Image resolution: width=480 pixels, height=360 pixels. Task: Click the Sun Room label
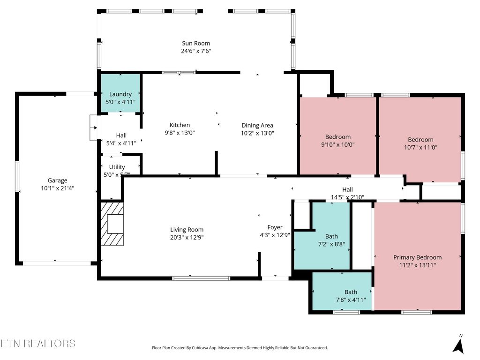(x=196, y=44)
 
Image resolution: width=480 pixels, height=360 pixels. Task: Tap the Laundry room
(x=120, y=97)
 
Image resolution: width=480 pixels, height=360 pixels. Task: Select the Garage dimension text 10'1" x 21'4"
(x=58, y=188)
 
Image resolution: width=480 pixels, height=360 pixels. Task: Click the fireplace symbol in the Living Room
(x=112, y=224)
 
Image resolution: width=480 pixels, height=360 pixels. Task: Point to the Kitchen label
(x=180, y=125)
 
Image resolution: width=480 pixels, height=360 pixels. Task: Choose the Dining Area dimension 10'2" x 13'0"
(x=257, y=133)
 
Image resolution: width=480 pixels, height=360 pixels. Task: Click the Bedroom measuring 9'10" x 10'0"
(x=337, y=141)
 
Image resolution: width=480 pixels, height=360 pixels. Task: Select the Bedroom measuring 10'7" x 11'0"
(x=420, y=143)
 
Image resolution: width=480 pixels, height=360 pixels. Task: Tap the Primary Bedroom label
(x=417, y=257)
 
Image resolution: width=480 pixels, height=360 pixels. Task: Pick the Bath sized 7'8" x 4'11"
(x=351, y=296)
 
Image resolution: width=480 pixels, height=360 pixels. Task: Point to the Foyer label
(x=275, y=227)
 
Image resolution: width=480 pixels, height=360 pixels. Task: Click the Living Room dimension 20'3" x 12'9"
(x=187, y=238)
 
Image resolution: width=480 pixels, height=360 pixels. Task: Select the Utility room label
(x=117, y=167)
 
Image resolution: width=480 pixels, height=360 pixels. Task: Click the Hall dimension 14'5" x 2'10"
(x=347, y=197)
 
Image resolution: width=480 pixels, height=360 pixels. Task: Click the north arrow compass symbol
(x=459, y=345)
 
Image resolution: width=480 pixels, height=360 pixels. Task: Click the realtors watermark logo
(x=38, y=344)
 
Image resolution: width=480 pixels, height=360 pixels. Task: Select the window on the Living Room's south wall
(x=201, y=278)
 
